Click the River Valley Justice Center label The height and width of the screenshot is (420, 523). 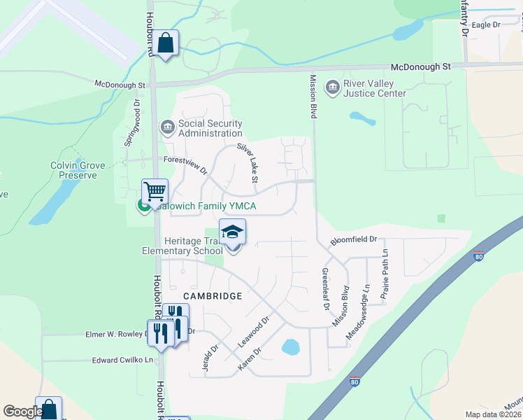374,89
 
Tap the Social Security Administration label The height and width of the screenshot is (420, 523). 210,128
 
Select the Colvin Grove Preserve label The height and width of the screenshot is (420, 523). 78,170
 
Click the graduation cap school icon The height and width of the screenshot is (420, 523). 233,230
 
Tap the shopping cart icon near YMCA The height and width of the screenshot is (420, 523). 155,190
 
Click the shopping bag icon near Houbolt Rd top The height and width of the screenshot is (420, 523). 166,43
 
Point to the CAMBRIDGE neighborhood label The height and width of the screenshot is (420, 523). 213,296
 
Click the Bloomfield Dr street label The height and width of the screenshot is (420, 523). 354,239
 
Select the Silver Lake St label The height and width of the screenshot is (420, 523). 248,164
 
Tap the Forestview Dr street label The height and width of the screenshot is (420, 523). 185,164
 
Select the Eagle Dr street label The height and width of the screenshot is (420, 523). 486,25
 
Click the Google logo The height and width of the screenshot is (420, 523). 23,412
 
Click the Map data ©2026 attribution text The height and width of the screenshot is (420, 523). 493,414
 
